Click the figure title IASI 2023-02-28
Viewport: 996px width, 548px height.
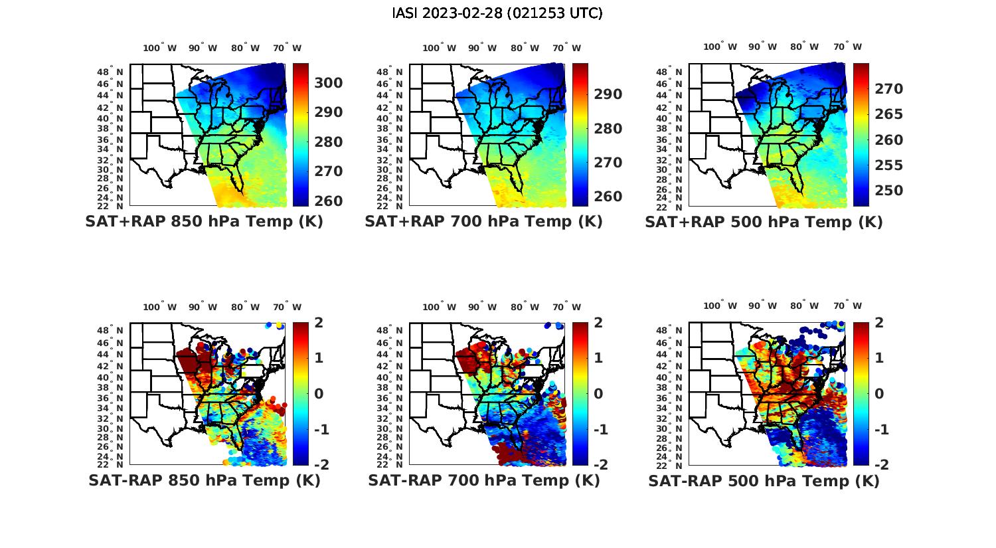[497, 13]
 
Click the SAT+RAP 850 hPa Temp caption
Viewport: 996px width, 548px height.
[204, 222]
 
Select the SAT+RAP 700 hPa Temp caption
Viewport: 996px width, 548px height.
[483, 222]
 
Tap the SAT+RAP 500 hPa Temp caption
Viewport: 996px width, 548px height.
[764, 223]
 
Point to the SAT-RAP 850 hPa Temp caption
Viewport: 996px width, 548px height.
[204, 480]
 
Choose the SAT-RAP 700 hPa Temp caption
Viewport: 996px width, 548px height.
[483, 480]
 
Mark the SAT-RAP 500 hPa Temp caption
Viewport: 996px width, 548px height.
[764, 481]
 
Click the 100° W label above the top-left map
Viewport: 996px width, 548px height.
[160, 48]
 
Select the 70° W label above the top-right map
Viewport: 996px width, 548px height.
[848, 46]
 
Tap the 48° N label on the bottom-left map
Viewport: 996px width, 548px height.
[111, 331]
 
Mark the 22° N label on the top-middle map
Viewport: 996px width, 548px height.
[390, 206]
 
